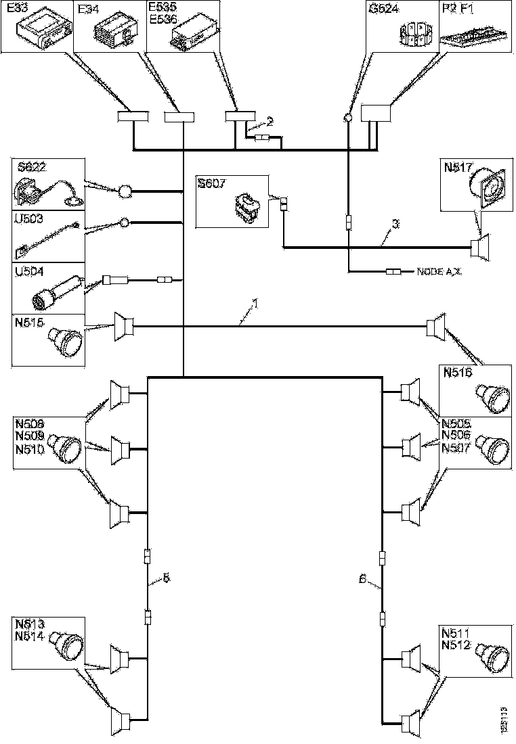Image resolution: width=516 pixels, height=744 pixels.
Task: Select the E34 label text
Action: pyautogui.click(x=89, y=9)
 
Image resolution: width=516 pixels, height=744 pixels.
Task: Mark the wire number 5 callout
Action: pyautogui.click(x=166, y=578)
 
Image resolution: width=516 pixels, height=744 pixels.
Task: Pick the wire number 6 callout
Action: pyautogui.click(x=362, y=578)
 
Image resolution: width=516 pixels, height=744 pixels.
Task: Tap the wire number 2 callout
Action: pyautogui.click(x=270, y=122)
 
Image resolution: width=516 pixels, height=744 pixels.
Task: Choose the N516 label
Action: pyautogui.click(x=457, y=372)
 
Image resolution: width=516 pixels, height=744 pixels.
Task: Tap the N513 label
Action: pyautogui.click(x=27, y=624)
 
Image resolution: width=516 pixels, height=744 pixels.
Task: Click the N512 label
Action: pyautogui.click(x=455, y=645)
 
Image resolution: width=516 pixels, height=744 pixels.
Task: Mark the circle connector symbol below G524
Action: pyautogui.click(x=347, y=118)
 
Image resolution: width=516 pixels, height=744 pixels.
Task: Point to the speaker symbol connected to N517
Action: pyautogui.click(x=481, y=246)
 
